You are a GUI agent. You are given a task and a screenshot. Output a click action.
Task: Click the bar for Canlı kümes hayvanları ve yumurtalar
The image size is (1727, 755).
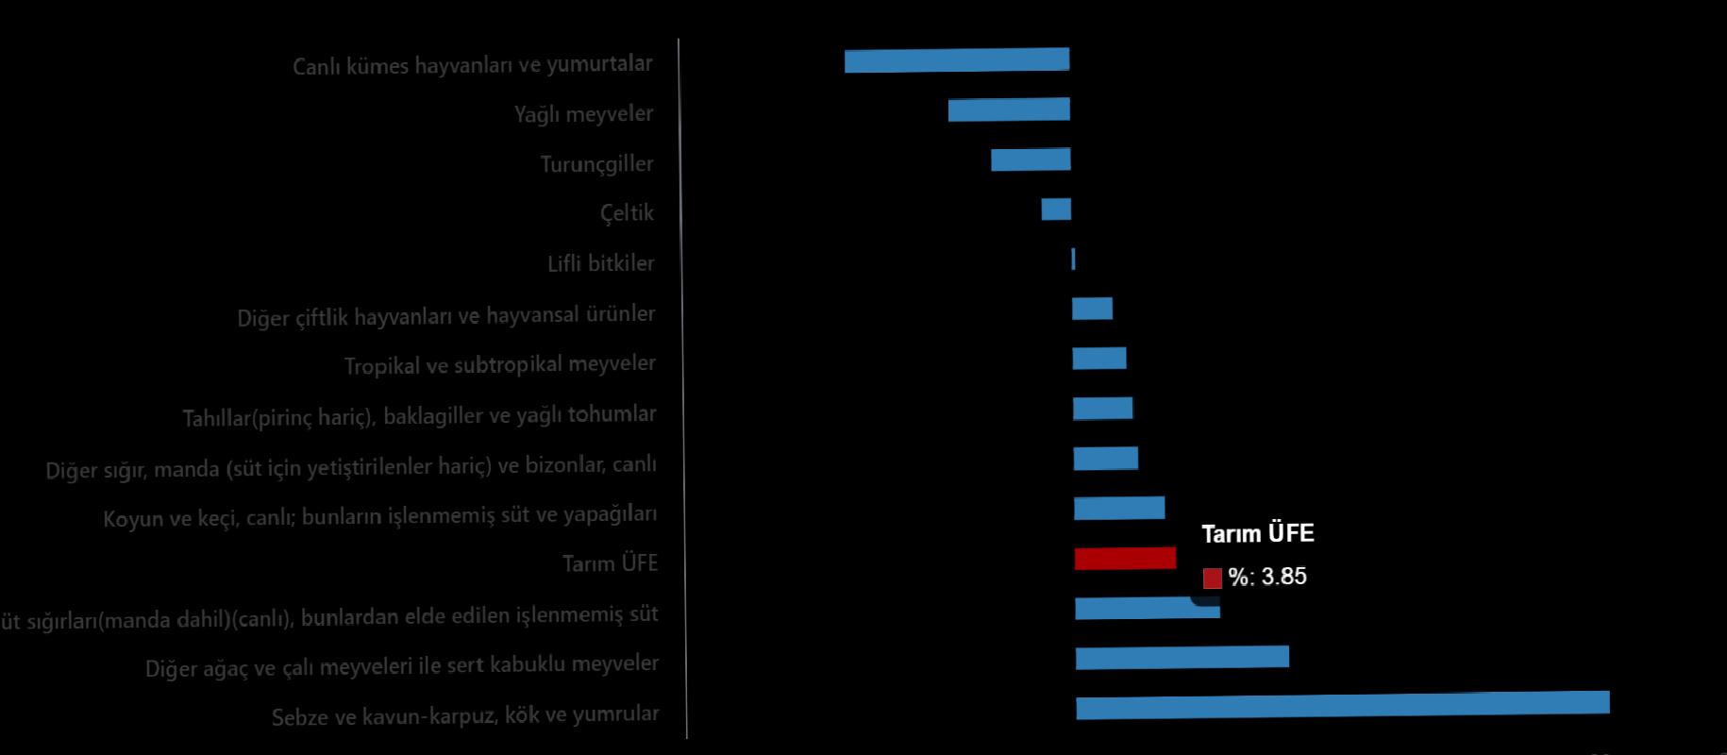pyautogui.click(x=957, y=60)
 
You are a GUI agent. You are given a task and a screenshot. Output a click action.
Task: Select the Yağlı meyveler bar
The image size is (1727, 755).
pyautogui.click(x=1009, y=109)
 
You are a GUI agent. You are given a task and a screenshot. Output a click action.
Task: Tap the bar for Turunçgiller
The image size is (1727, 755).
pyautogui.click(x=1031, y=159)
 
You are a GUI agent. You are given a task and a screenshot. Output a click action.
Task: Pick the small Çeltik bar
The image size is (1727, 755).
pyautogui.click(x=1056, y=209)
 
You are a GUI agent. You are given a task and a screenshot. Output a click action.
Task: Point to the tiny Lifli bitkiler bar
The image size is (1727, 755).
pyautogui.click(x=1073, y=259)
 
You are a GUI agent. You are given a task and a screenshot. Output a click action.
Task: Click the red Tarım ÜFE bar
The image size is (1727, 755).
pyautogui.click(x=1125, y=558)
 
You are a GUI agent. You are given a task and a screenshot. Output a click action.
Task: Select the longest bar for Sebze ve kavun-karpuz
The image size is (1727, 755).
pyautogui.click(x=1342, y=705)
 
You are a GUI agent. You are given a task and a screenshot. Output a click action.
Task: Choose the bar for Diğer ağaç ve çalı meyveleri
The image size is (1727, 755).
pyautogui.click(x=1182, y=657)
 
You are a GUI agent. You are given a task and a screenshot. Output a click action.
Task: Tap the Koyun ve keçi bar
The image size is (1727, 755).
pyautogui.click(x=1119, y=508)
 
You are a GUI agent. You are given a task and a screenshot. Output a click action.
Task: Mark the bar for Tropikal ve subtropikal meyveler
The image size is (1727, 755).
pyautogui.click(x=1099, y=359)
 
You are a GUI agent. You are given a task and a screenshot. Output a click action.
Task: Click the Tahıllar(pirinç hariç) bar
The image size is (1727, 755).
pyautogui.click(x=1102, y=408)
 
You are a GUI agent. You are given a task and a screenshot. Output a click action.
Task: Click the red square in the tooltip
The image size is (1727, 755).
pyautogui.click(x=1213, y=578)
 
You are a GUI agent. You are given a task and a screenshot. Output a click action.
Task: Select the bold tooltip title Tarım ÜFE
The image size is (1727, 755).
pyautogui.click(x=1258, y=534)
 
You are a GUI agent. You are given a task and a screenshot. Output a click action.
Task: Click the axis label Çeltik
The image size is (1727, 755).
pyautogui.click(x=627, y=213)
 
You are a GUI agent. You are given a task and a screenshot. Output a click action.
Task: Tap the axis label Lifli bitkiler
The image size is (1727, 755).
pyautogui.click(x=600, y=263)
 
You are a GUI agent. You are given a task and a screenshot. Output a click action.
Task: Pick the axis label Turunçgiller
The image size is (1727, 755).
pyautogui.click(x=596, y=164)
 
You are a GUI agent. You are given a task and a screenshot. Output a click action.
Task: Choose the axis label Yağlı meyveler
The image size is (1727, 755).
pyautogui.click(x=583, y=114)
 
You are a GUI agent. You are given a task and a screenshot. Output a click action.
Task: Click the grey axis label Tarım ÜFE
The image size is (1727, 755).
pyautogui.click(x=610, y=563)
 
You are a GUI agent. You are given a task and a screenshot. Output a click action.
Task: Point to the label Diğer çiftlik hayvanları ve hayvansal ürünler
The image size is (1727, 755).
pyautogui.click(x=445, y=315)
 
